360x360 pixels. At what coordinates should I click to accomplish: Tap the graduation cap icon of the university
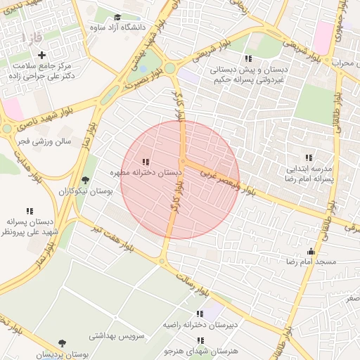[x=117, y=17]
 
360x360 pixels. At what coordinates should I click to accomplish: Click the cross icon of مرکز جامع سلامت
[x=42, y=55]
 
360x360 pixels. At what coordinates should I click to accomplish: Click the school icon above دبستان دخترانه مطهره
[x=146, y=162]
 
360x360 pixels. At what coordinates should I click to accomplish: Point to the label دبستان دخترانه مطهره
[x=146, y=172]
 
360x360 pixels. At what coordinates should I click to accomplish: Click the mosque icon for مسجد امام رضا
[x=311, y=252]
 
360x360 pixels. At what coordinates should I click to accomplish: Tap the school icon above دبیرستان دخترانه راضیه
[x=200, y=314]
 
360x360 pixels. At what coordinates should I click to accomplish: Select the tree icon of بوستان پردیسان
[x=63, y=343]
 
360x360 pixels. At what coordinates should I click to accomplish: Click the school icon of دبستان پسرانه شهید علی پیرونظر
[x=30, y=211]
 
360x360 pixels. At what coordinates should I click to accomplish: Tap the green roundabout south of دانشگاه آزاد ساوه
[x=169, y=68]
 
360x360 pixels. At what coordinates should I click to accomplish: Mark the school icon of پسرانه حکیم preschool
[x=247, y=58]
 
